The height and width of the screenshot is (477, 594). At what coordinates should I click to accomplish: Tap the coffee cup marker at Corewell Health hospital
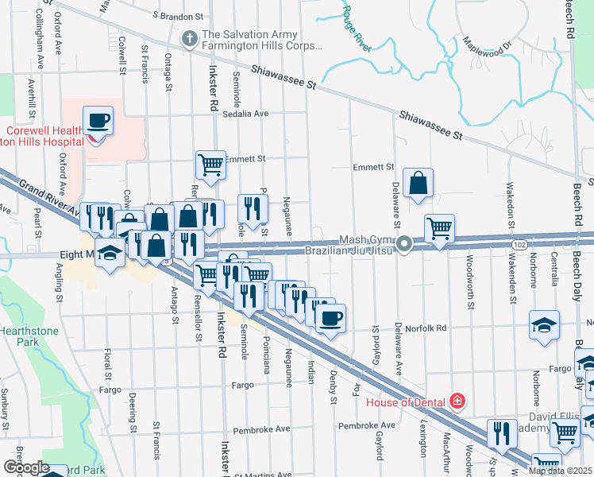98,122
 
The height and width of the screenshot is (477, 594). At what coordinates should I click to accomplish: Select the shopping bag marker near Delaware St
417,184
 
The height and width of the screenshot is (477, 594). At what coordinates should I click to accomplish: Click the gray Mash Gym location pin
404,243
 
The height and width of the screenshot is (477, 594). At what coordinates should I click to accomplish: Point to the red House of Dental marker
457,401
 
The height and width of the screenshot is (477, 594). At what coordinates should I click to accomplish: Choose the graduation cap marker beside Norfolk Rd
544,325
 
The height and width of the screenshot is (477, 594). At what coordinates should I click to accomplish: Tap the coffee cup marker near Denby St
330,318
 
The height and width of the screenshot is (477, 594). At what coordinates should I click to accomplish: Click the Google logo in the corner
25,467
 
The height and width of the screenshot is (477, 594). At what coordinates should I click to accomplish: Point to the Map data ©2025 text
560,471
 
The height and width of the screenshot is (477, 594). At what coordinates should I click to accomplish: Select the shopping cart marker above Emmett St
210,165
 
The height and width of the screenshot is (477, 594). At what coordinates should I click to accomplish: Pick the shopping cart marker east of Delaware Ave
439,229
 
